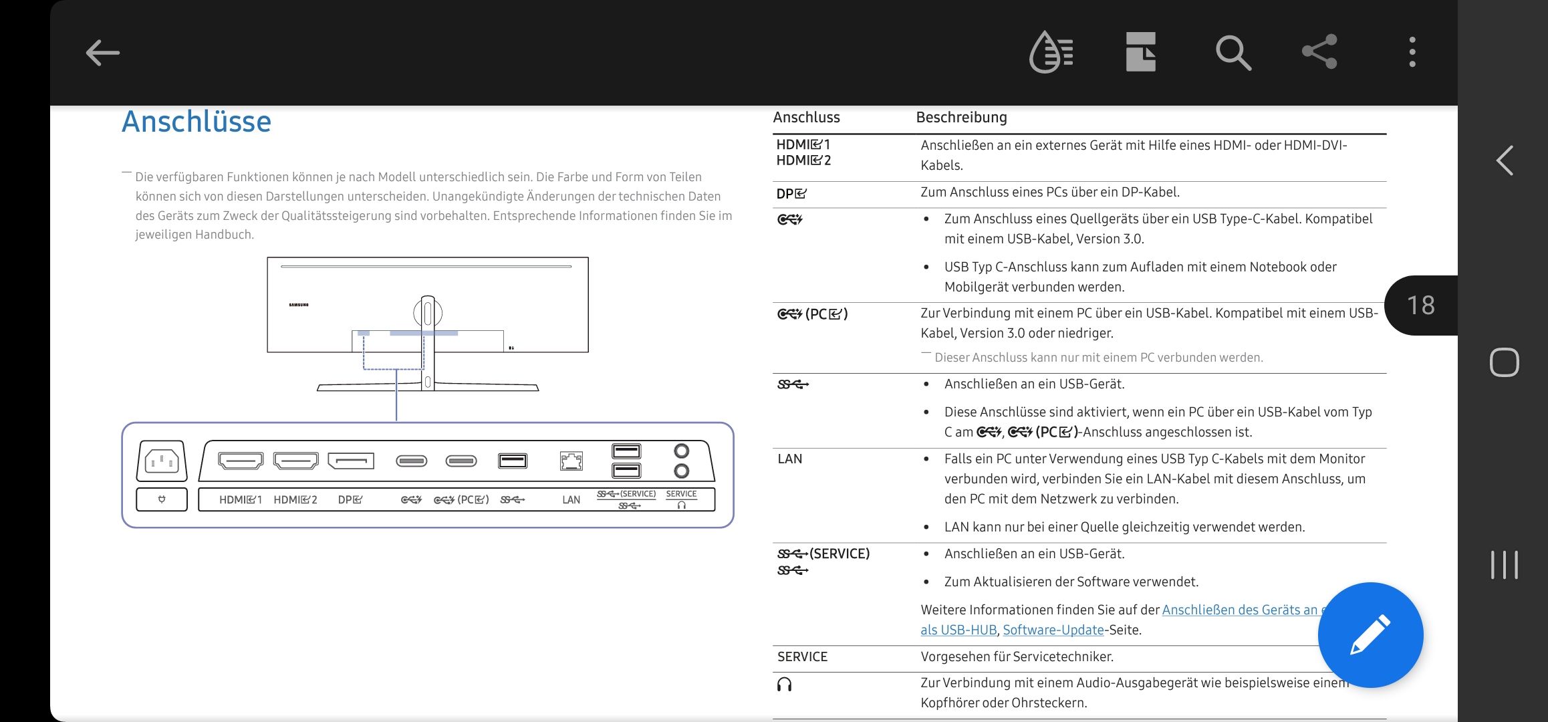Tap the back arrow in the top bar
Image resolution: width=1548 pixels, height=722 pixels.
[x=103, y=53]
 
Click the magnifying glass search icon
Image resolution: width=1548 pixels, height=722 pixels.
[x=1233, y=53]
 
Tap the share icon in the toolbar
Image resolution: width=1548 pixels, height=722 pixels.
[x=1319, y=51]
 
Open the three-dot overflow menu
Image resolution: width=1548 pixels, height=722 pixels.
[x=1412, y=52]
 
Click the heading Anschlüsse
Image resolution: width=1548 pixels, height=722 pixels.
[x=197, y=122]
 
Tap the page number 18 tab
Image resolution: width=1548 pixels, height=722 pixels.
[x=1421, y=306]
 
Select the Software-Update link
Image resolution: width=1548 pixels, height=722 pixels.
[x=1053, y=630]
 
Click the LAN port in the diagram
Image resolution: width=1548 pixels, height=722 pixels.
[x=571, y=461]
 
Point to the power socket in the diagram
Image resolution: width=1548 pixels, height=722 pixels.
[x=162, y=461]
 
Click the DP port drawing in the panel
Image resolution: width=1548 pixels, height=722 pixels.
[x=351, y=461]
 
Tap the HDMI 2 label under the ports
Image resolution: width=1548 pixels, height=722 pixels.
[x=295, y=499]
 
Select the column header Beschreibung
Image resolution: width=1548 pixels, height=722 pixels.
[x=961, y=118]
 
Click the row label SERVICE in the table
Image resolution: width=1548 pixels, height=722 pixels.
[x=802, y=656]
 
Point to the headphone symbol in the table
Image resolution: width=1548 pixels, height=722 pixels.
[x=784, y=685]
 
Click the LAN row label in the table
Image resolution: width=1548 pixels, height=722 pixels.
[x=789, y=459]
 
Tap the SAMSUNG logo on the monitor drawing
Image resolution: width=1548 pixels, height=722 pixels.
[x=299, y=305]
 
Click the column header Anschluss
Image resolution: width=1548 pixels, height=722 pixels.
[x=806, y=118]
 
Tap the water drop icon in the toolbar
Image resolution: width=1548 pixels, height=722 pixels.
[x=1051, y=52]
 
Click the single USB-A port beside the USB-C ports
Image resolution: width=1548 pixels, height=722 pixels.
[x=513, y=461]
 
